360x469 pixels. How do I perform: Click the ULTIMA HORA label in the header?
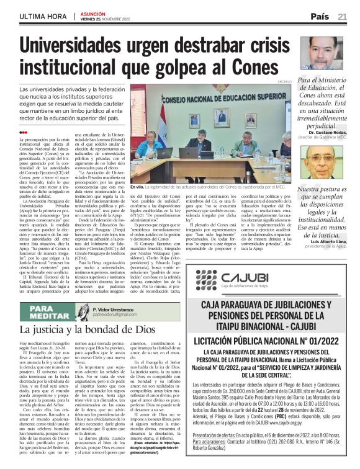pos(44,16)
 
